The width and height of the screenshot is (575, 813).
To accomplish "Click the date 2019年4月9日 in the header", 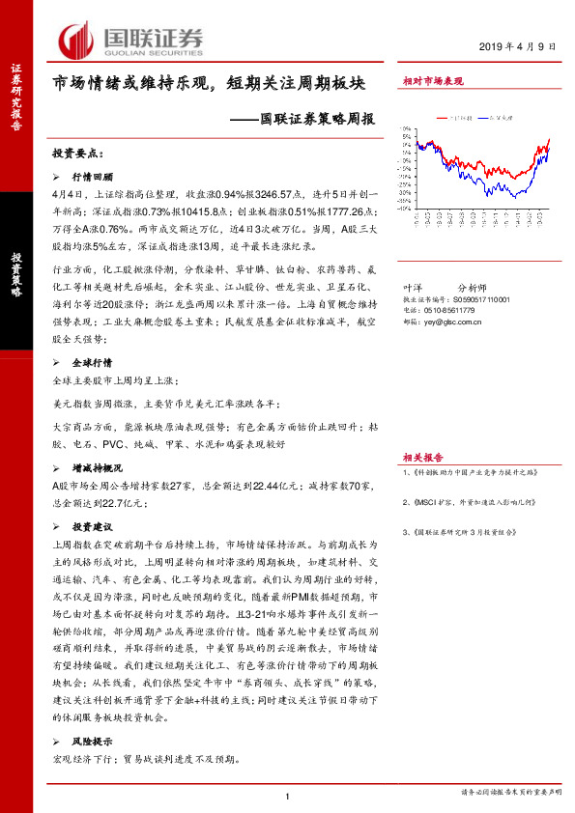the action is [517, 47].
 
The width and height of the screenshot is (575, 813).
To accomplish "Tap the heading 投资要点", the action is [76, 153].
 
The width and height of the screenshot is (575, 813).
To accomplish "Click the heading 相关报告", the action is [423, 458].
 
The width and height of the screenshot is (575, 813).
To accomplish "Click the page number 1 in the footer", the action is [288, 796].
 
